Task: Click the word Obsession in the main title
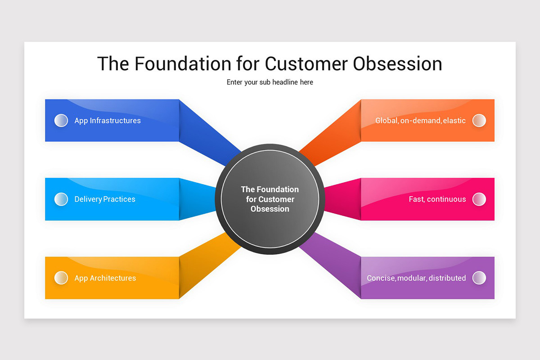(397, 63)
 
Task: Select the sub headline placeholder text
(270, 82)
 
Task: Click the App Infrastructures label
(108, 121)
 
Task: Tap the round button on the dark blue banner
(61, 121)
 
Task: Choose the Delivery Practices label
(105, 199)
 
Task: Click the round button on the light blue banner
(61, 199)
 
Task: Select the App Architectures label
(105, 278)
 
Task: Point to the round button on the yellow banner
(61, 278)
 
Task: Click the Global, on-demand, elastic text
(420, 121)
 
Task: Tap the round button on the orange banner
(479, 121)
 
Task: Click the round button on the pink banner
(479, 199)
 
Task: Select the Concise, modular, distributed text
(416, 278)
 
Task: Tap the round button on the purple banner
(479, 278)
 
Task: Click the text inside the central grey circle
(270, 199)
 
